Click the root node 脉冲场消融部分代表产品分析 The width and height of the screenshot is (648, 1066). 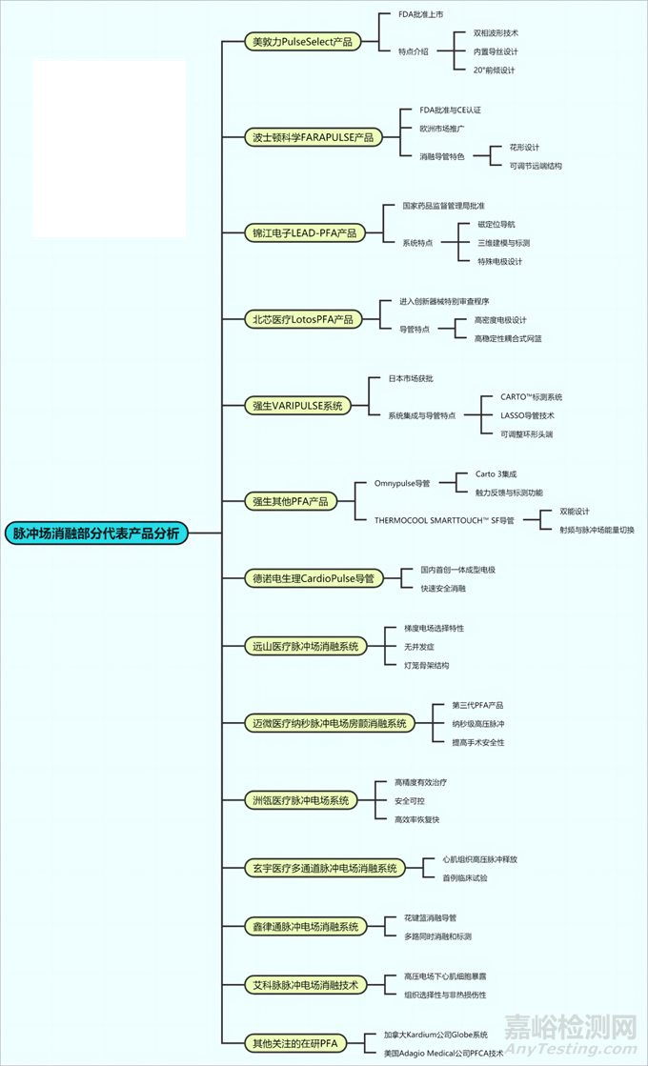tap(96, 533)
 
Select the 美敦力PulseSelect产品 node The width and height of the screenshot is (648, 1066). tap(302, 42)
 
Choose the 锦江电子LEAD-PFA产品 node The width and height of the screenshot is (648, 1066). tap(304, 232)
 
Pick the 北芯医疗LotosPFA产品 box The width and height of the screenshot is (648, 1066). tap(302, 319)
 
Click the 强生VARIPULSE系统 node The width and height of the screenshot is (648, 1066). tap(297, 406)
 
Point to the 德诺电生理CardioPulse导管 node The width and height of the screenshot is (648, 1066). tap(314, 578)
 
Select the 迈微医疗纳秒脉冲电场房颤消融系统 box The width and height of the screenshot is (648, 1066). tap(329, 723)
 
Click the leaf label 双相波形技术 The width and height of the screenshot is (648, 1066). tap(496, 32)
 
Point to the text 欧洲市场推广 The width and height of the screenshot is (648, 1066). tap(442, 128)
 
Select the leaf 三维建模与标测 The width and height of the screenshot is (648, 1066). tap(504, 243)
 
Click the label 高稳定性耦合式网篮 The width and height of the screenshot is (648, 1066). tap(508, 338)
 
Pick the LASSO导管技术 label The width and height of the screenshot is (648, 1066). tap(527, 415)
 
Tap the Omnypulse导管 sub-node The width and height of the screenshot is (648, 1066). tap(402, 483)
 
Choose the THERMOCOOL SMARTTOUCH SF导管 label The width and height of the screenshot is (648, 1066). tap(444, 520)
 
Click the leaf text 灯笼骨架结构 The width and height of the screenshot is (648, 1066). tap(426, 665)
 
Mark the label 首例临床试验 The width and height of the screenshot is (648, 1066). tap(464, 877)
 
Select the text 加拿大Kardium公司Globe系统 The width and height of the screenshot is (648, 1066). tap(435, 1034)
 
